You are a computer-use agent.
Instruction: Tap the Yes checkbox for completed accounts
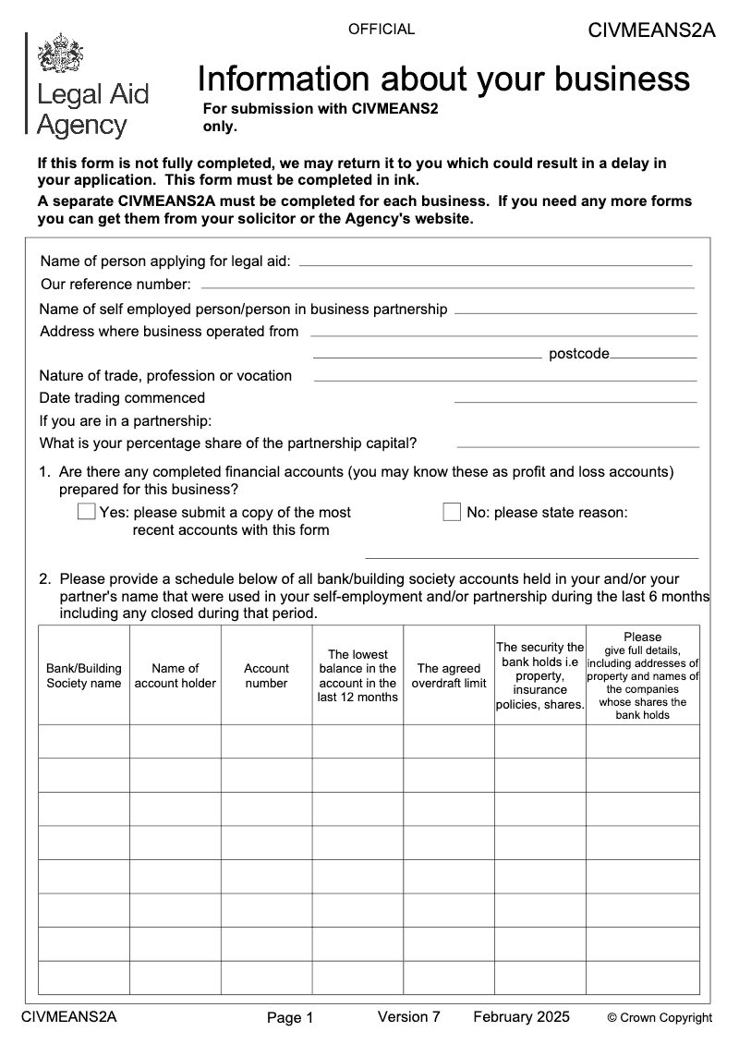click(x=87, y=512)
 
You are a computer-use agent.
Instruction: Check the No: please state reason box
click(x=452, y=512)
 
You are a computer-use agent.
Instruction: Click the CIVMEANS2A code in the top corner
click(x=651, y=30)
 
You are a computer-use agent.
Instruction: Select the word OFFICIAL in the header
click(x=382, y=30)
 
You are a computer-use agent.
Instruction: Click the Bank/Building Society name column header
click(x=84, y=675)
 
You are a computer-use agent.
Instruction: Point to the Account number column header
click(x=266, y=675)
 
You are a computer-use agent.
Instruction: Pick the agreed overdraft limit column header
click(x=449, y=675)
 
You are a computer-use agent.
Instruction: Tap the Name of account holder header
click(x=176, y=675)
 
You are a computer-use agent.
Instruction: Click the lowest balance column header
click(x=357, y=675)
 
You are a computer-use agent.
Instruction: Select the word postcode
click(x=579, y=354)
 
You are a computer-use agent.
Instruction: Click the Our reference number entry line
click(x=447, y=287)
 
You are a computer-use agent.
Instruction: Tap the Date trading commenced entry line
click(x=575, y=402)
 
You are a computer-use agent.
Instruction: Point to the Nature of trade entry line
click(x=505, y=380)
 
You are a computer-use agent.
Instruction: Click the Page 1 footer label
click(x=290, y=1018)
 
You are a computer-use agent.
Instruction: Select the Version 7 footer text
click(x=409, y=1017)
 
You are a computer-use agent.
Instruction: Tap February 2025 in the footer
click(x=521, y=1017)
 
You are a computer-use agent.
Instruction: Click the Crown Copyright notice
click(x=660, y=1018)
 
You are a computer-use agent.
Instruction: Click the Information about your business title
click(x=443, y=79)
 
